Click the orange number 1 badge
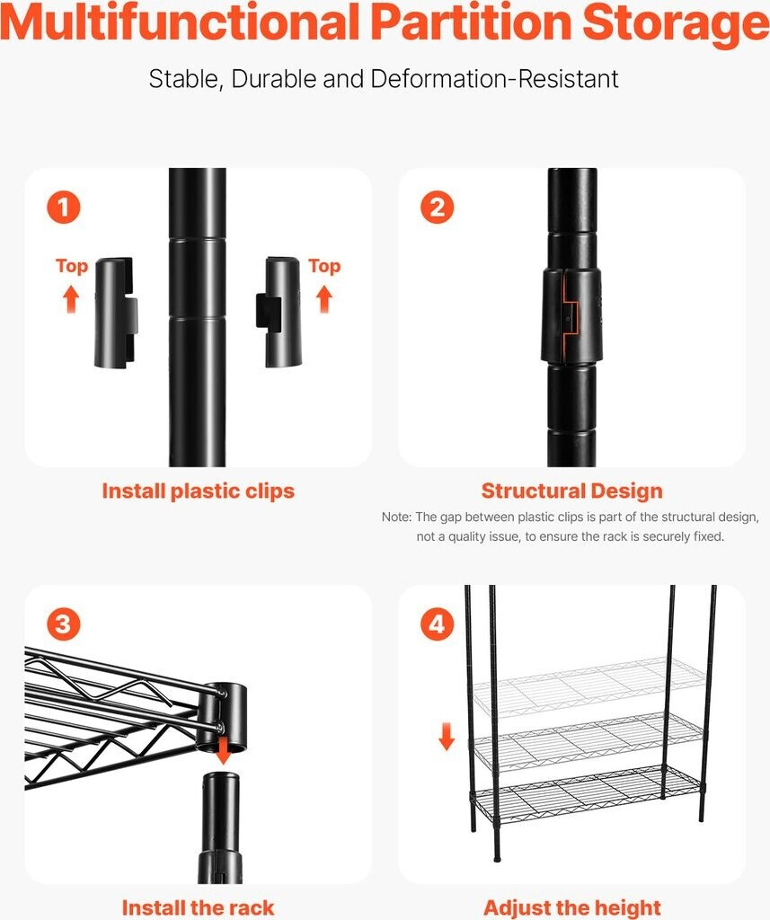64,207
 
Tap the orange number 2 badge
438,207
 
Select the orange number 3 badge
64,624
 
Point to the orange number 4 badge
438,624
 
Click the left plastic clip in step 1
116,312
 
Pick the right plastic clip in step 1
279,312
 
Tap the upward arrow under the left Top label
71,298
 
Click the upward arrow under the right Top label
324,298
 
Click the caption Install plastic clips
199,491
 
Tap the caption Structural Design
572,491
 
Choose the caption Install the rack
199,907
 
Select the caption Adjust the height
572,908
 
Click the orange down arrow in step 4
447,737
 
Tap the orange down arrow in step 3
223,751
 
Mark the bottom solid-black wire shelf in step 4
587,793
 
